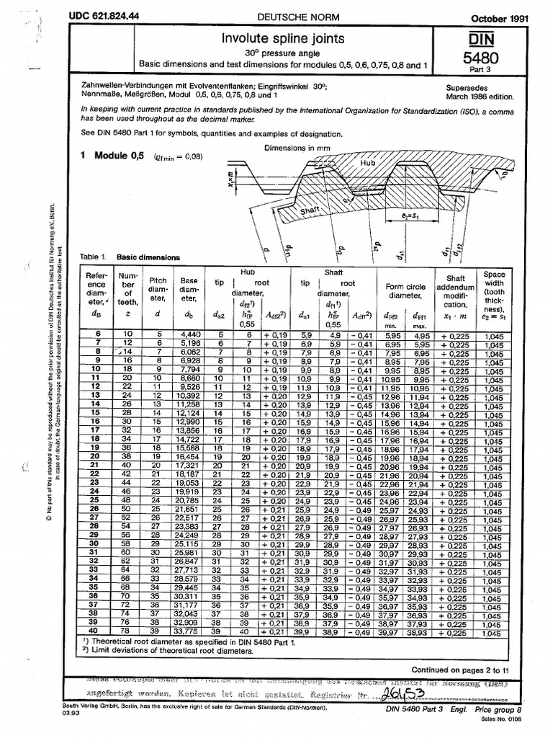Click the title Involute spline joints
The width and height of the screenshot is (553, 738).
click(282, 37)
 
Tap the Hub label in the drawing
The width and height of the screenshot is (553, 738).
click(369, 164)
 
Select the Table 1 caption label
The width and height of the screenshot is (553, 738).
click(96, 257)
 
